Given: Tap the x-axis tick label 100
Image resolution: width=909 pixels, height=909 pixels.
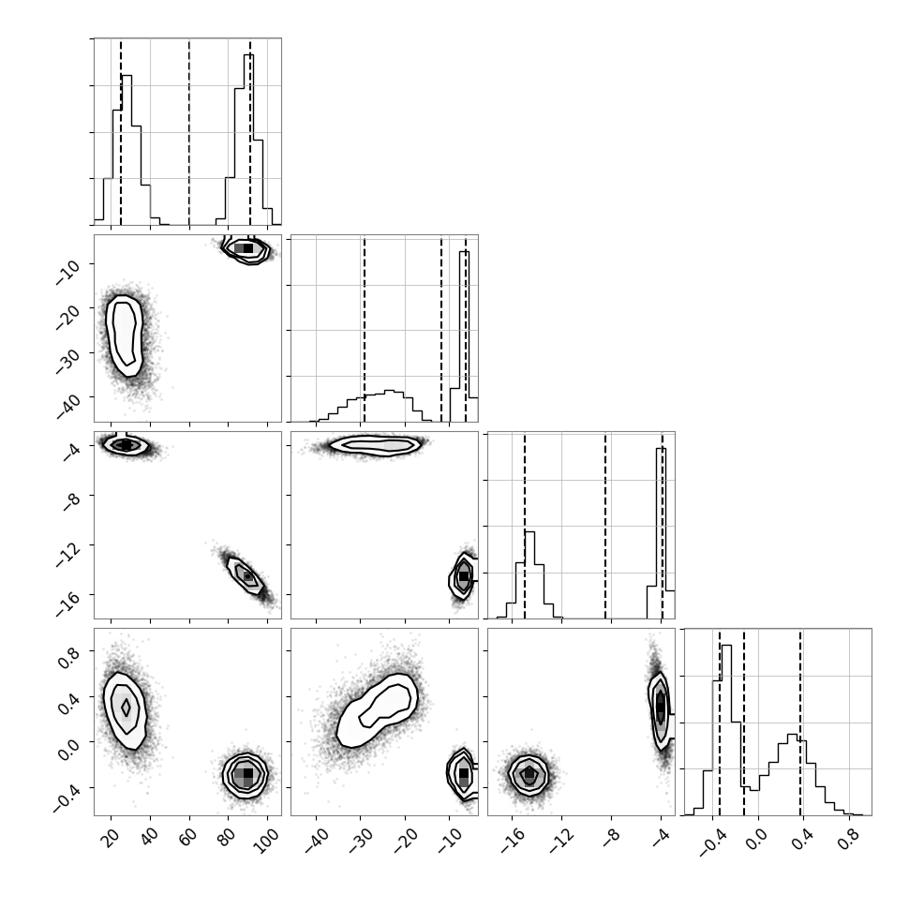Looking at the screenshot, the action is coord(267,841).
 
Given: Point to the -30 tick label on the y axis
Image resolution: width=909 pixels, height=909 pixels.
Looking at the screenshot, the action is coord(67,362).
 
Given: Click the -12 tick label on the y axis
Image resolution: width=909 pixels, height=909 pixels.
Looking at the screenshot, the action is coord(67,554).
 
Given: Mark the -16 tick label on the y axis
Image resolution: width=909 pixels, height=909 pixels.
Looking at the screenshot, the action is coord(67,604).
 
